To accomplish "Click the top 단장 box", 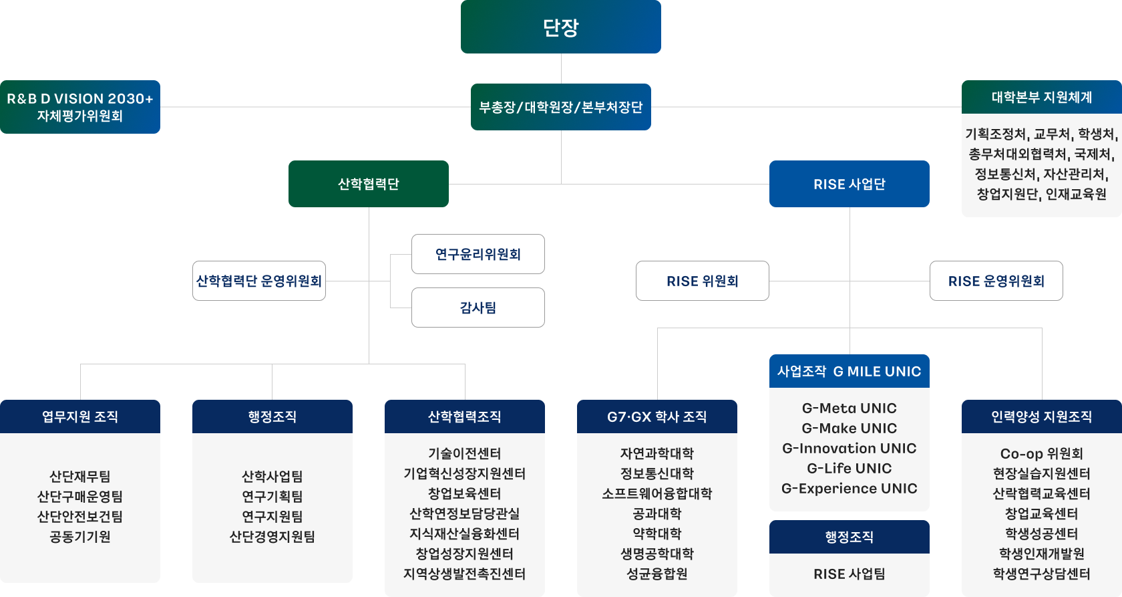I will point(561,27).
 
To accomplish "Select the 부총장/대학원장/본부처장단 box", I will point(561,107).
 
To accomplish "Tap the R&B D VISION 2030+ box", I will point(80,107).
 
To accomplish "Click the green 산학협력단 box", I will point(369,184).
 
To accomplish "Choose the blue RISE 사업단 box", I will point(850,184).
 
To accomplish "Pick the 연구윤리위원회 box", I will point(478,254).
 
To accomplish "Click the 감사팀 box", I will point(478,308).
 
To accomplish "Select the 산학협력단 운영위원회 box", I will point(259,281).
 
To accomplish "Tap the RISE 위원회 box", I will point(703,281).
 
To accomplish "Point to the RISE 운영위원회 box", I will point(996,281).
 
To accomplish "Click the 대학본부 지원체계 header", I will point(1042,98).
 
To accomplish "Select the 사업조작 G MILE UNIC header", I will point(850,371).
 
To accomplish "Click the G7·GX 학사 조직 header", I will point(657,416).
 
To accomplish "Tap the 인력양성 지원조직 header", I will point(1042,416).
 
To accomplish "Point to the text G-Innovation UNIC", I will point(850,448).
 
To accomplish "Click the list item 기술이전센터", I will point(465,453).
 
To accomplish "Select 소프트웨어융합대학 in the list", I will point(657,493).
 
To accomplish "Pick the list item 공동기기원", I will point(80,536).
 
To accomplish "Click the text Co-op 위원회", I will point(1042,453).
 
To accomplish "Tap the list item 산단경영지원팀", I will point(272,536).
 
